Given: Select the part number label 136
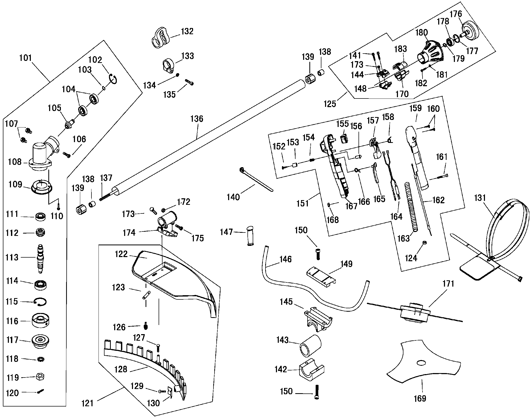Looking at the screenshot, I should tap(197, 119).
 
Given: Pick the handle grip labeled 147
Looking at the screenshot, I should tap(250, 235).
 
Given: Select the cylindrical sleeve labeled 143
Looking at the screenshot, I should tap(310, 345).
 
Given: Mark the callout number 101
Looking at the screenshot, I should tap(25, 58).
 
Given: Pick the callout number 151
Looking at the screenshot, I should tap(303, 203).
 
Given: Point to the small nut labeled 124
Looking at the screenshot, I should tap(424, 243).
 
